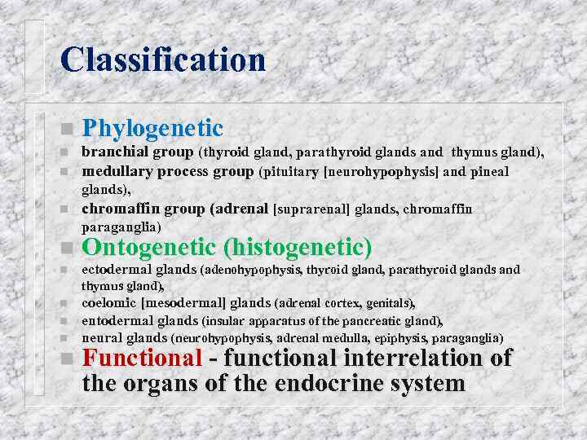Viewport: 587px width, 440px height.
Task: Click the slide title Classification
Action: (x=163, y=59)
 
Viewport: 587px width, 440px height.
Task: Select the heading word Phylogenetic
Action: (x=152, y=128)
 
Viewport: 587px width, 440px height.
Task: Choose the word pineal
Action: (x=488, y=172)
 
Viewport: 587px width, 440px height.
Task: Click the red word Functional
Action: (x=143, y=358)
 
